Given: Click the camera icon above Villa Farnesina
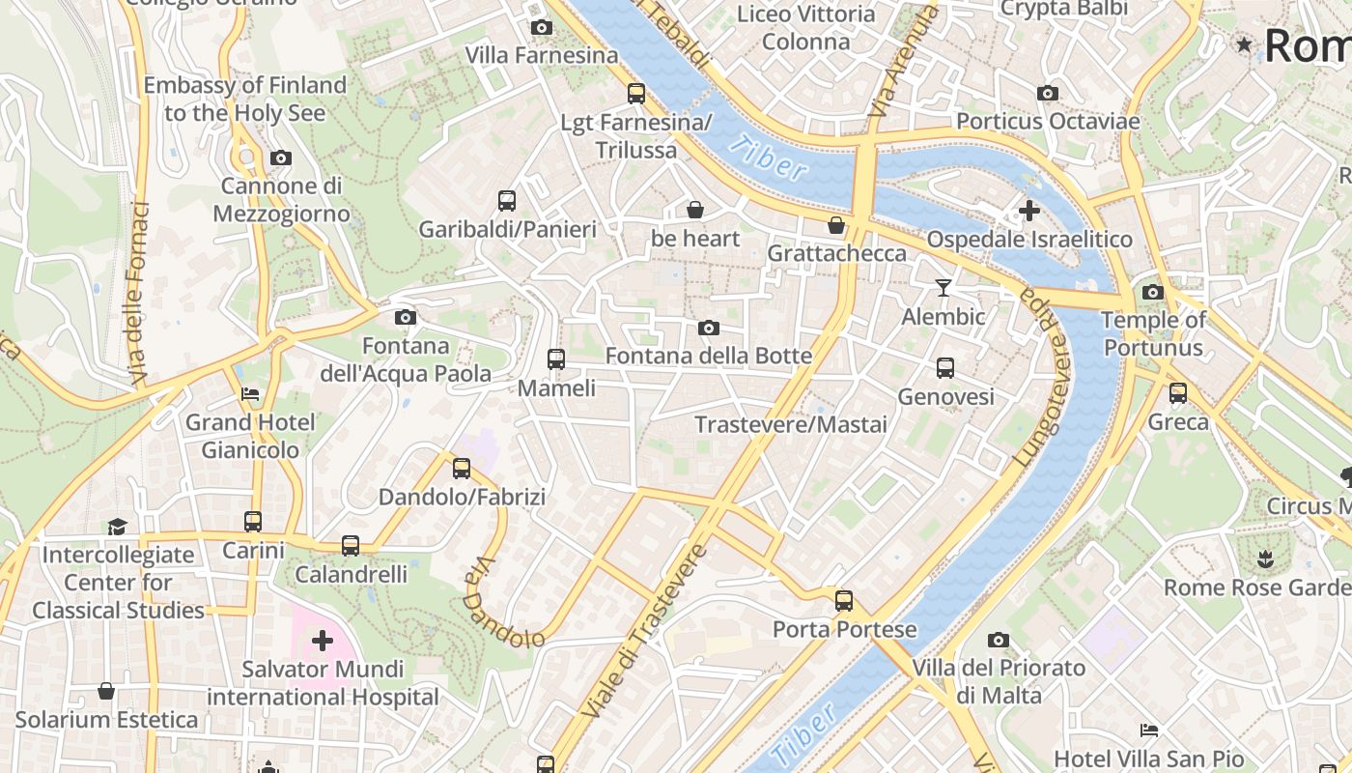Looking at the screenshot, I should coord(542,28).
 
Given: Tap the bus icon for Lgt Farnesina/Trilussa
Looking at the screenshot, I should coord(635,94).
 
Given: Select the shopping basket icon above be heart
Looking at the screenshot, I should coord(694,210).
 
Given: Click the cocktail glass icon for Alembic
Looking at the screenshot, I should coord(944,288).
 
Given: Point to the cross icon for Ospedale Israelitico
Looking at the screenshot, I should coord(1029,210).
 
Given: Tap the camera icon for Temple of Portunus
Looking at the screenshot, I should coord(1152,292).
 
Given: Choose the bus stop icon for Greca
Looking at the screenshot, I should coord(1177,393).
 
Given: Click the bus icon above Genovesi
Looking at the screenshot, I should coord(944,368).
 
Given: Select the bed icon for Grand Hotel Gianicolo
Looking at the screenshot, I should coord(249,394).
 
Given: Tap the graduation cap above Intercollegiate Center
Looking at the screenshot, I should coord(117,527).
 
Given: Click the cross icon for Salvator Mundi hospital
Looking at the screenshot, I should coord(323,641).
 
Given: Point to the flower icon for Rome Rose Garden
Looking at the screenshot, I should coord(1265,558).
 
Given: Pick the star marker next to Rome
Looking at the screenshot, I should coord(1244,44).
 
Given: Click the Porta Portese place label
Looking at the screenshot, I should coord(844,630).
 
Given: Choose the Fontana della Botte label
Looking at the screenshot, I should coord(708,356).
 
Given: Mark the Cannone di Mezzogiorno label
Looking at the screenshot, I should coord(281,199).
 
